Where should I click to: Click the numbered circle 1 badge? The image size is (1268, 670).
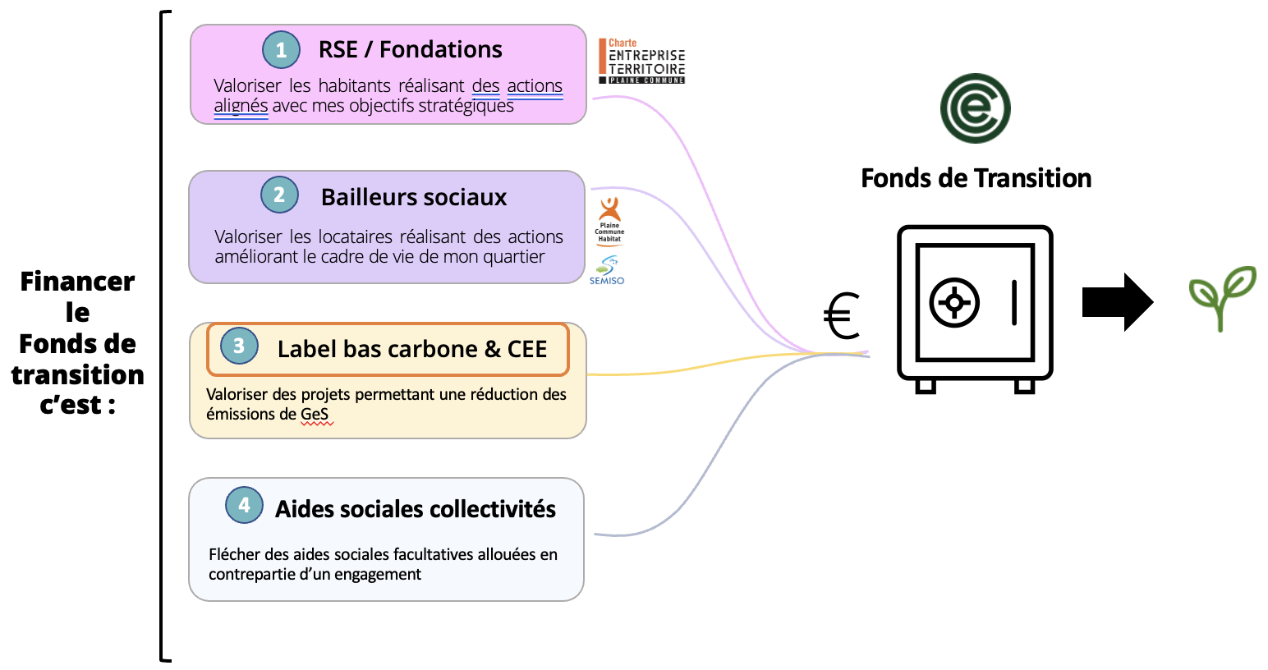281,50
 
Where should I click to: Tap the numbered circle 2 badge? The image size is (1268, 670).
279,195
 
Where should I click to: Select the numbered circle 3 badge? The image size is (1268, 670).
239,346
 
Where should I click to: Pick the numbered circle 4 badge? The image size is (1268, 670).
244,505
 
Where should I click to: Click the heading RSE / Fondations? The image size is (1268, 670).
410,50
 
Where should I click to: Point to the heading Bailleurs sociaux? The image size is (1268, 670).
414,197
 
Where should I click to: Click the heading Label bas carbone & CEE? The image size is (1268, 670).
411,349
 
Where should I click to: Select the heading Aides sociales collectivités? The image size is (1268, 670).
415,509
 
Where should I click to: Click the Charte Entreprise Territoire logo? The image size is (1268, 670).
644,62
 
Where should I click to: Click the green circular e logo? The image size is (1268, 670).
975,108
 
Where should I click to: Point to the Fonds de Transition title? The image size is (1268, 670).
976,178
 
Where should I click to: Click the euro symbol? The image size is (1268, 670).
842,316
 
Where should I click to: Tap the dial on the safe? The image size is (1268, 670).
954,303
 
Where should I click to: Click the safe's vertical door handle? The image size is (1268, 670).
1014,302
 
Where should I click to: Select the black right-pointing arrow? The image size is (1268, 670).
1117,302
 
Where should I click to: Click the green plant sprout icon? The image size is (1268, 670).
1222,297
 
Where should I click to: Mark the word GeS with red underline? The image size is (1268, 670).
315,415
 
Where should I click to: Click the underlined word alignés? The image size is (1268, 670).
241,106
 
